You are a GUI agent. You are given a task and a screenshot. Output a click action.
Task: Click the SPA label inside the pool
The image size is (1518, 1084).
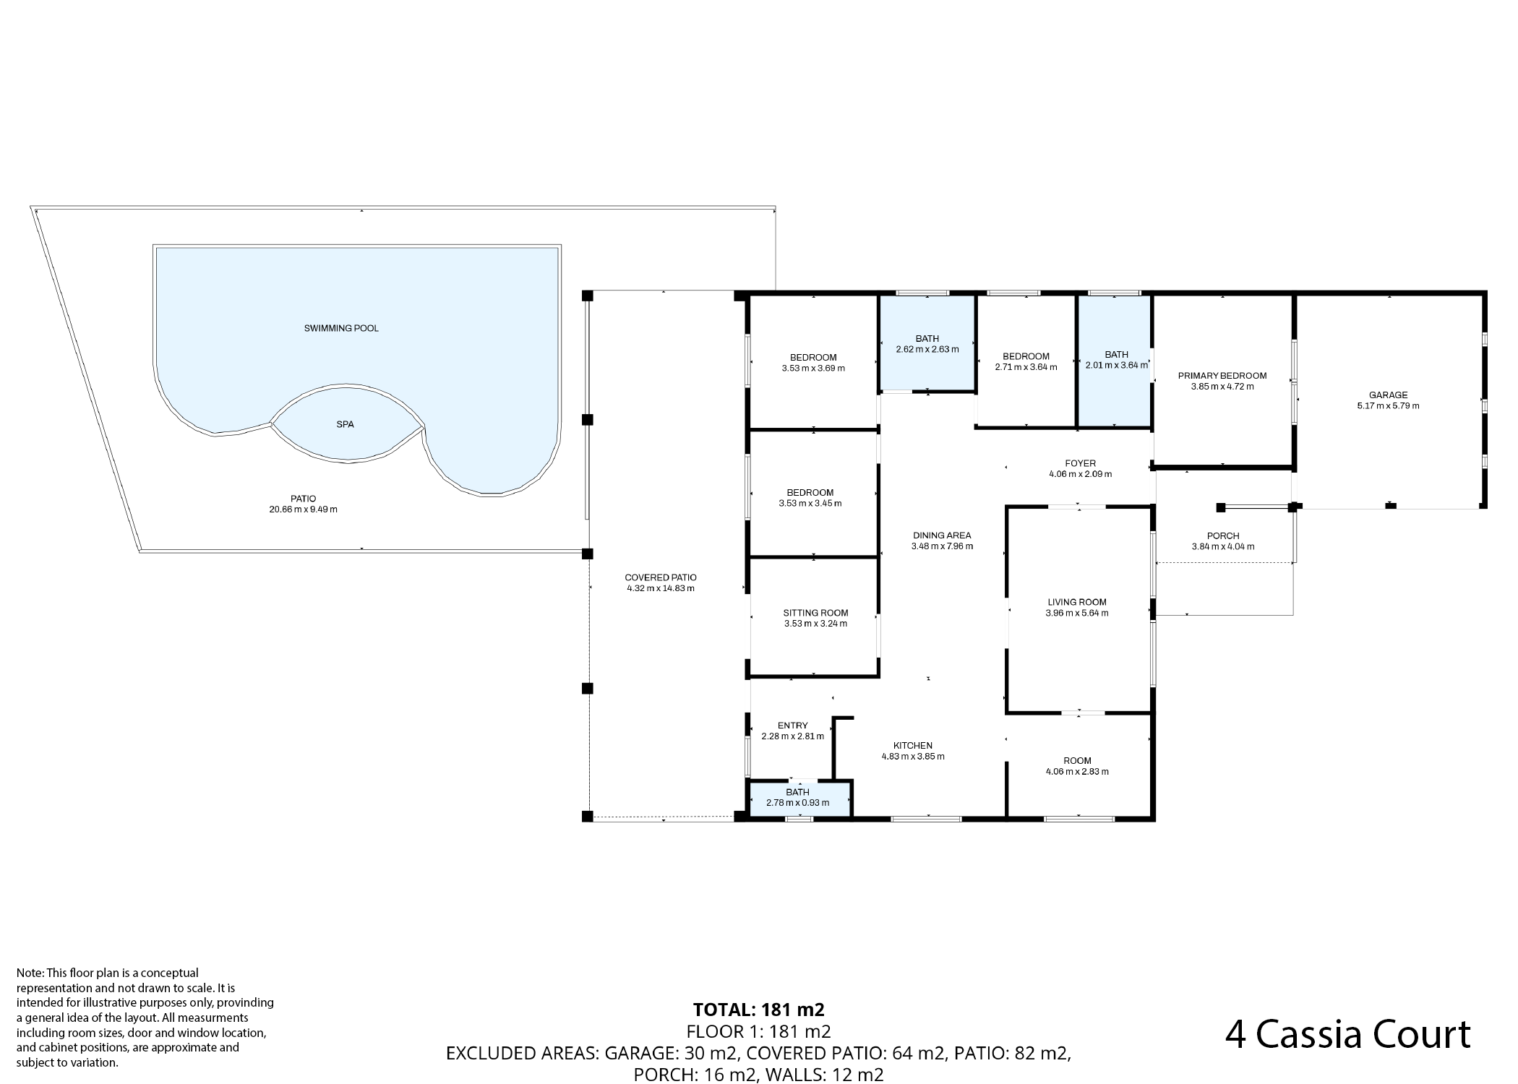pyautogui.click(x=345, y=424)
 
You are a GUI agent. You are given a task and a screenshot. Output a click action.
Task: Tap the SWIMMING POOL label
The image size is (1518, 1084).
pyautogui.click(x=341, y=328)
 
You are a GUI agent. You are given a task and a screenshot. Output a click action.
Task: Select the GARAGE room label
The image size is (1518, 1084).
pyautogui.click(x=1388, y=395)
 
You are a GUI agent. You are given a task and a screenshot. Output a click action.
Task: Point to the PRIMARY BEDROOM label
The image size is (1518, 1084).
pyautogui.click(x=1222, y=376)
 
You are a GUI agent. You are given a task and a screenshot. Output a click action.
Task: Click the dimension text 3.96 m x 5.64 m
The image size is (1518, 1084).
pyautogui.click(x=1077, y=613)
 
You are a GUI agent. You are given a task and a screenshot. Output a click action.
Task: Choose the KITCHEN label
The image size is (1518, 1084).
pyautogui.click(x=913, y=746)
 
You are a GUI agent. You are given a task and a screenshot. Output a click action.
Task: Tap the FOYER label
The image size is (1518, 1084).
pyautogui.click(x=1081, y=463)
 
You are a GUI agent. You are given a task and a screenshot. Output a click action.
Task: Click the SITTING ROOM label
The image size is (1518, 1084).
pyautogui.click(x=815, y=613)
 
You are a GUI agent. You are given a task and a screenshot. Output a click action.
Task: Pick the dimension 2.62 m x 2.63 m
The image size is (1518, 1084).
pyautogui.click(x=927, y=349)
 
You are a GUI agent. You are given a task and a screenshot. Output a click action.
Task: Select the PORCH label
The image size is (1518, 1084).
pyautogui.click(x=1223, y=535)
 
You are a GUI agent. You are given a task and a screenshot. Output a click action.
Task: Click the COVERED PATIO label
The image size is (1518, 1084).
pyautogui.click(x=661, y=577)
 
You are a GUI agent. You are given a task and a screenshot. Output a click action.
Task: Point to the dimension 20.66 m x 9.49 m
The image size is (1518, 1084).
pyautogui.click(x=303, y=509)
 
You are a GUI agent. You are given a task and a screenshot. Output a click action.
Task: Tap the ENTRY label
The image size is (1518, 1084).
pyautogui.click(x=793, y=726)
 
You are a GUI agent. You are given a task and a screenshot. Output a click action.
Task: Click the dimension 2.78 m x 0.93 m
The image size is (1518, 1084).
pyautogui.click(x=798, y=803)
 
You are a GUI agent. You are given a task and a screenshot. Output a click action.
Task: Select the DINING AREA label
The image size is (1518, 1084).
pyautogui.click(x=942, y=535)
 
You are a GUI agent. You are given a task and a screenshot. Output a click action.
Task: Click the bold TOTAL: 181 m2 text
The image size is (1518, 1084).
pyautogui.click(x=759, y=1010)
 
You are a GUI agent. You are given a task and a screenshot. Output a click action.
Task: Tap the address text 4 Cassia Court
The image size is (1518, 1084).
pyautogui.click(x=1348, y=1034)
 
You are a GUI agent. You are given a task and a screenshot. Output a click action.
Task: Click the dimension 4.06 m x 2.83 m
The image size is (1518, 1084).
pyautogui.click(x=1077, y=771)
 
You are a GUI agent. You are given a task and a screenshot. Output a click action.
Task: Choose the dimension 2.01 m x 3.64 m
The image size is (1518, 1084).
pyautogui.click(x=1117, y=365)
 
